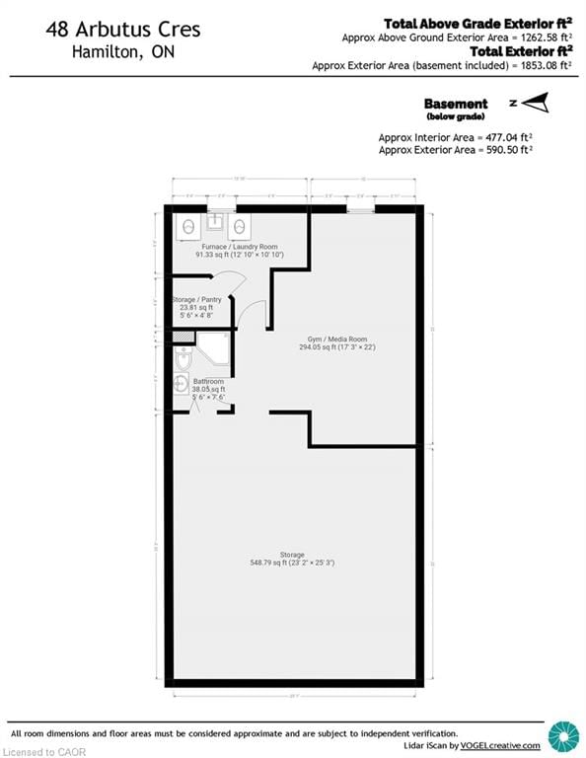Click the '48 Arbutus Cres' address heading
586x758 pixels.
(122, 30)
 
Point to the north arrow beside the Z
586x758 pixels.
(534, 103)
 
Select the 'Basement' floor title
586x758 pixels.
(455, 104)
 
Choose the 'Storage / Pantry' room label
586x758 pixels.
(196, 298)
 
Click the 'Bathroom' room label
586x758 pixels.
(208, 382)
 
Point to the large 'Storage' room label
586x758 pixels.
(291, 555)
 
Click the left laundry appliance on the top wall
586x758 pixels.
(187, 227)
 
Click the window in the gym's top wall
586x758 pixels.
(361, 209)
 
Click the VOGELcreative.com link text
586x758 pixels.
(503, 745)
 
